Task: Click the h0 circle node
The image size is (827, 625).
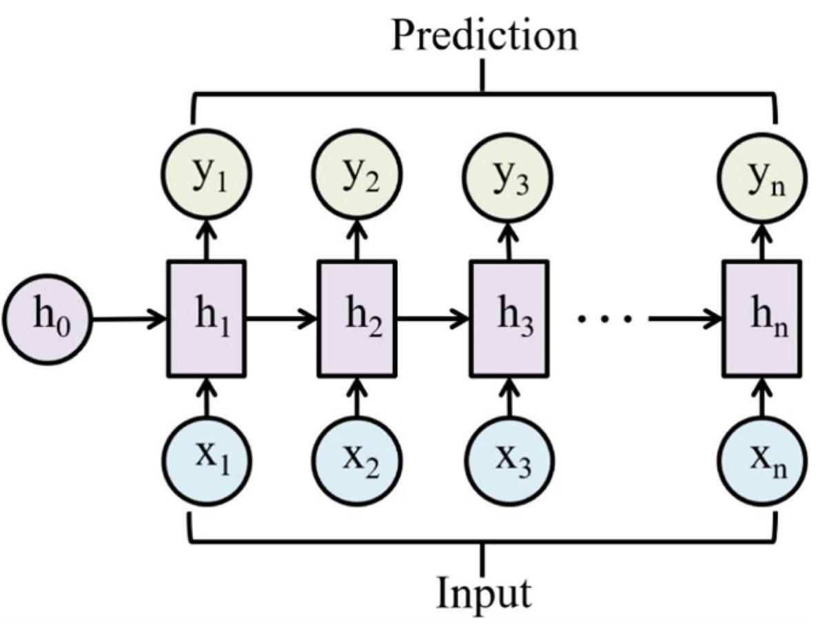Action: click(47, 320)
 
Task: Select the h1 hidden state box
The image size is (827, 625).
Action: click(205, 319)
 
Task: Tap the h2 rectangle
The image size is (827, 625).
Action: click(357, 319)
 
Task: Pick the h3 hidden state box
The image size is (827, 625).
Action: click(509, 319)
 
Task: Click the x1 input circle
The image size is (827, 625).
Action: click(205, 459)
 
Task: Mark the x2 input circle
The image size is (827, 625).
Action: click(357, 459)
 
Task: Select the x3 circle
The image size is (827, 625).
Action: click(509, 459)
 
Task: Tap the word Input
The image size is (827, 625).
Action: click(484, 592)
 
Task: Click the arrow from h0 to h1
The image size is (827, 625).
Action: click(129, 320)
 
